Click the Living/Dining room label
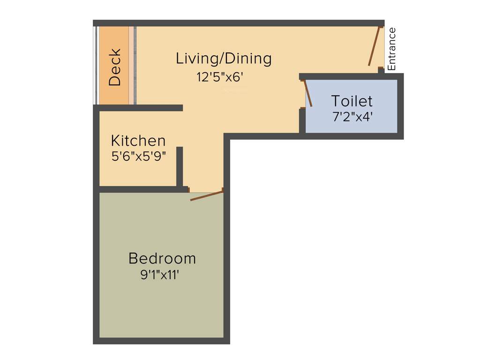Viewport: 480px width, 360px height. (224, 59)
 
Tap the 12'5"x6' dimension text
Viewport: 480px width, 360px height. (220, 77)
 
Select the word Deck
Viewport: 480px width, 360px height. (115, 67)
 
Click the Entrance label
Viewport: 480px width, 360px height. (392, 49)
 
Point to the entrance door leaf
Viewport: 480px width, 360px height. (373, 46)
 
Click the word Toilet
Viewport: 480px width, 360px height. (352, 101)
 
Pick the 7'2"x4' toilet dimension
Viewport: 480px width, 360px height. (352, 117)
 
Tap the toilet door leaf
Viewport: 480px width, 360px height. (308, 93)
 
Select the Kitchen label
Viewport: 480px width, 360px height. (138, 141)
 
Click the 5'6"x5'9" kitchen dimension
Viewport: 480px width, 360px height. (139, 156)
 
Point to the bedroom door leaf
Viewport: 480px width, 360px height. (206, 195)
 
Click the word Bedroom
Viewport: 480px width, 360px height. (162, 258)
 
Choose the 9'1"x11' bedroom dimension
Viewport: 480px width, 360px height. (160, 275)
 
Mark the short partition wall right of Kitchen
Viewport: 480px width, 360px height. (179, 166)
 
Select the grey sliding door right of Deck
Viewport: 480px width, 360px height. (135, 65)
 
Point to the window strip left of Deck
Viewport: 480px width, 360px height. (96, 65)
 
